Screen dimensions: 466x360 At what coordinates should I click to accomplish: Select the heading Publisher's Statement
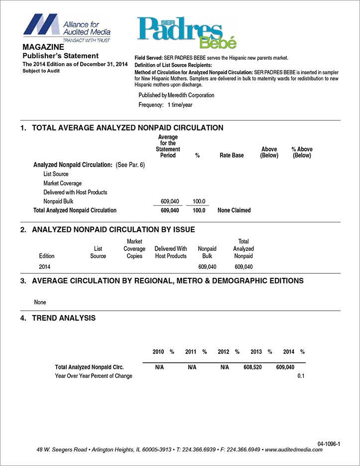click(61, 56)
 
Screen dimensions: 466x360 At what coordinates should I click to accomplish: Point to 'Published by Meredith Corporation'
click(176, 95)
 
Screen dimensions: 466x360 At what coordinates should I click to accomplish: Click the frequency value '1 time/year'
click(180, 105)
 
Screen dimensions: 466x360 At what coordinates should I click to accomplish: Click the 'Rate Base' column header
click(232, 155)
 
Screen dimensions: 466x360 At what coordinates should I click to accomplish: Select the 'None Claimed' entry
click(234, 210)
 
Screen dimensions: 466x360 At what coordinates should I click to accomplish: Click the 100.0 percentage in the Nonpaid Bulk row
click(199, 201)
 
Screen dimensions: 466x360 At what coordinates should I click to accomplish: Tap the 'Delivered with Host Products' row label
click(75, 192)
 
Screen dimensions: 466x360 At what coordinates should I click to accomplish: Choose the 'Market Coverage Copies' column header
click(134, 249)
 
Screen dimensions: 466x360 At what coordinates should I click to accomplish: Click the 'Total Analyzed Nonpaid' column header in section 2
click(243, 249)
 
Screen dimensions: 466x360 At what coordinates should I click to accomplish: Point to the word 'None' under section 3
click(40, 302)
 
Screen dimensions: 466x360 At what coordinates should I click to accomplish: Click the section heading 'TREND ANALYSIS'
click(64, 318)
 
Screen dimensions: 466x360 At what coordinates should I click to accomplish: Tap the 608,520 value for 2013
click(252, 367)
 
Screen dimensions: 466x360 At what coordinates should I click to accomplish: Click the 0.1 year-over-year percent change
click(301, 376)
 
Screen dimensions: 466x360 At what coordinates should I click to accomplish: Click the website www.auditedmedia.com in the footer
click(294, 450)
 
